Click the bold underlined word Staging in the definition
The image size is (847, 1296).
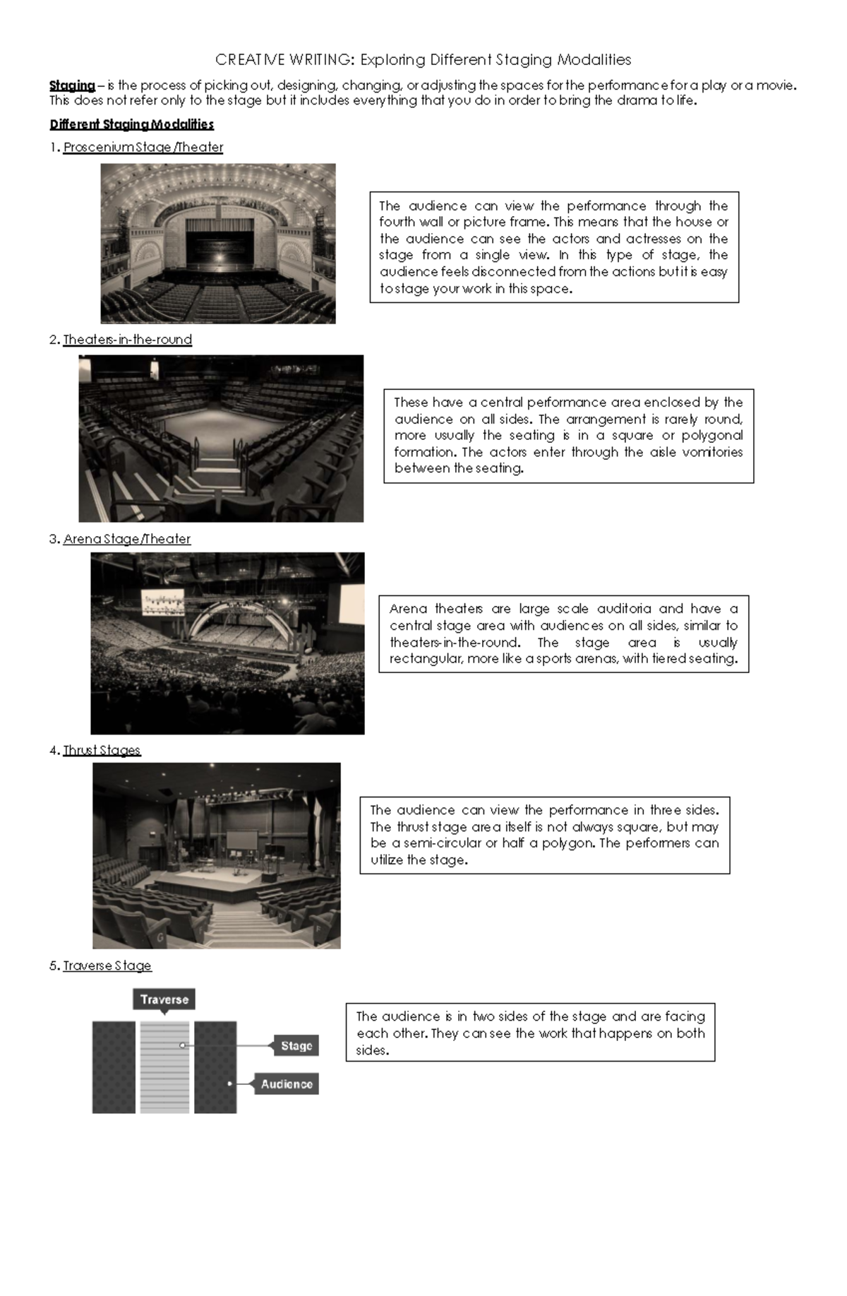[72, 85]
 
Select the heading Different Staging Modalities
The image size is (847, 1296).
[131, 124]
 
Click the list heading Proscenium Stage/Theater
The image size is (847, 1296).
[143, 148]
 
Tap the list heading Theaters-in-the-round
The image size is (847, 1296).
[127, 340]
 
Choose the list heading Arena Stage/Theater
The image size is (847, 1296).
[126, 539]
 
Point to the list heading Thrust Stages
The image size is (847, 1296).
[102, 750]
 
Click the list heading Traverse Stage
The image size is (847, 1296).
[107, 965]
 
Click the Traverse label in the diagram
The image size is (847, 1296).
[164, 999]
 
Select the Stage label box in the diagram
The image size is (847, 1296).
[296, 1046]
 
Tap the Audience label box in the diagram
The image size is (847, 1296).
[286, 1084]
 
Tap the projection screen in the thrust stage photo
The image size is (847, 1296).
[241, 840]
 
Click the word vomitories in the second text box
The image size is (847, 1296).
[712, 452]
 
